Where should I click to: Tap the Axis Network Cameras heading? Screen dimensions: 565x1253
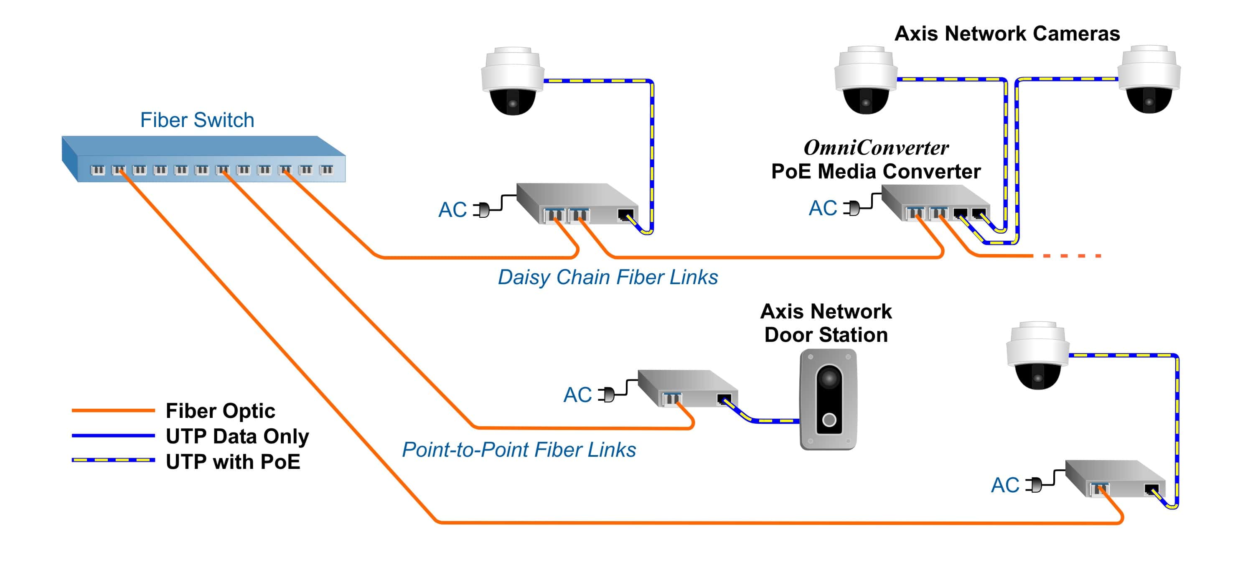(x=1007, y=33)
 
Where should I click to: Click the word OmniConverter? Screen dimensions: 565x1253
(x=876, y=148)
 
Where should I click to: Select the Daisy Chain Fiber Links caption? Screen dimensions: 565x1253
(x=607, y=277)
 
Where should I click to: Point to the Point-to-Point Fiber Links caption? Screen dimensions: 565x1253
(x=518, y=449)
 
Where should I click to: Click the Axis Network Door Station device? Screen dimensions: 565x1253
(x=828, y=399)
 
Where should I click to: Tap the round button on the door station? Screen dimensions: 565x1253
(x=829, y=420)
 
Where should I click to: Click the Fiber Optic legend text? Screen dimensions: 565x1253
(x=220, y=411)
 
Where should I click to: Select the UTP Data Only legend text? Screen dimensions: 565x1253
(x=237, y=436)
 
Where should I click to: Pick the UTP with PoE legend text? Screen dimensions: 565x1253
(x=233, y=461)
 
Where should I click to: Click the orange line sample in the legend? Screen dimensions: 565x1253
(x=113, y=411)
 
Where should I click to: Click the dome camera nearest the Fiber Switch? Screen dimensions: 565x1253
(x=512, y=81)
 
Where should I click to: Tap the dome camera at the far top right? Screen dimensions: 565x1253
(x=1149, y=79)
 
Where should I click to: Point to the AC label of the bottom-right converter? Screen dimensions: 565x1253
(x=1004, y=485)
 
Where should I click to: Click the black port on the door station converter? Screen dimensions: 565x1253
(x=724, y=399)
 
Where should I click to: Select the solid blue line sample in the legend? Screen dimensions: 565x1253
(x=113, y=435)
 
